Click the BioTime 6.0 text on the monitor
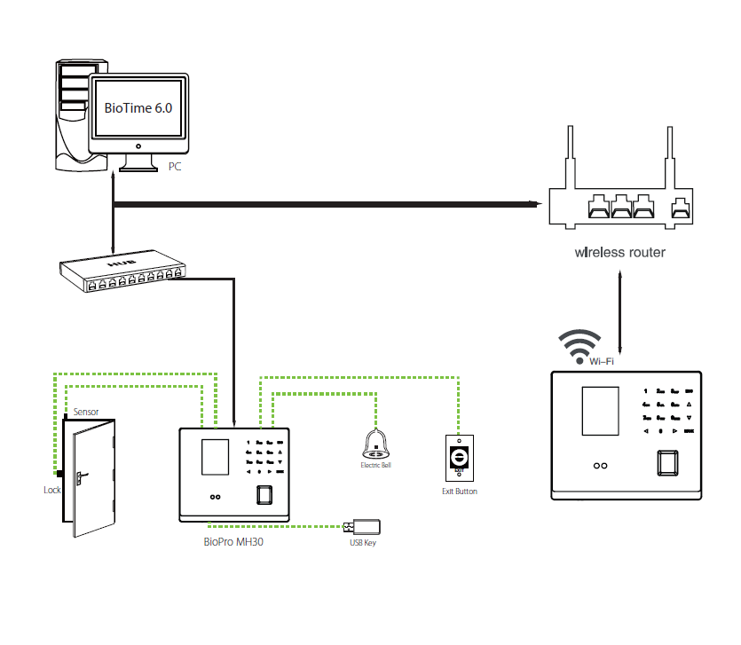tap(139, 107)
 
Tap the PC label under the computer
tap(175, 166)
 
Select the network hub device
tap(123, 273)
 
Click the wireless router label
tap(619, 253)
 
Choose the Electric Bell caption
tap(374, 465)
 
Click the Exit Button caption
tap(459, 491)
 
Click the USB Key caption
tap(362, 542)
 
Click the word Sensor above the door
tap(86, 413)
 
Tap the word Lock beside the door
tap(51, 489)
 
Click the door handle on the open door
tap(80, 476)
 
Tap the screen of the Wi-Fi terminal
tap(599, 413)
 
